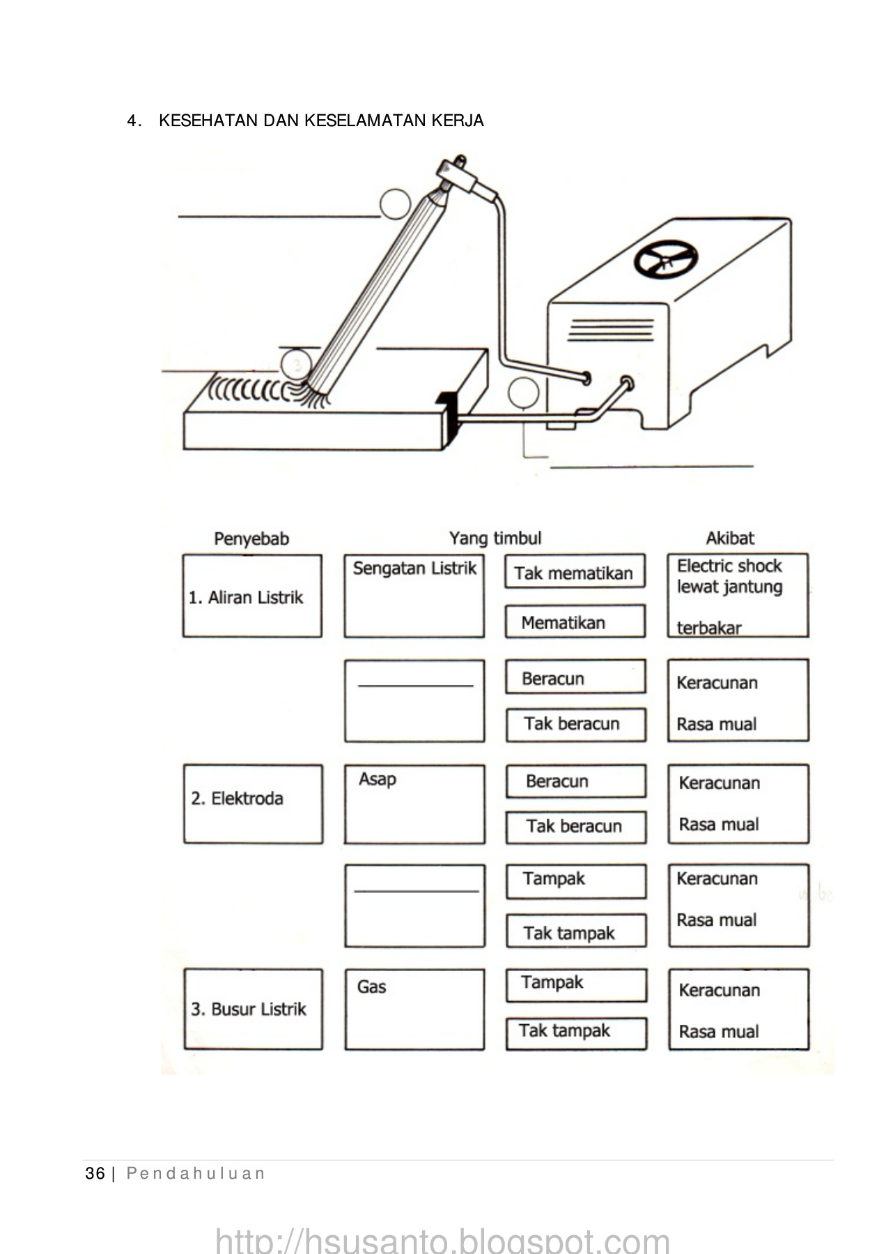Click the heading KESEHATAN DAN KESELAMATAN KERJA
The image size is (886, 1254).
click(321, 121)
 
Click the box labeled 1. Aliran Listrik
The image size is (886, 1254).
click(252, 596)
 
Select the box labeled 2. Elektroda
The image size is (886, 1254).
click(253, 804)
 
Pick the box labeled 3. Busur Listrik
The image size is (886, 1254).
click(253, 1009)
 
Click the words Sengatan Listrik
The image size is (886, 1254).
click(414, 568)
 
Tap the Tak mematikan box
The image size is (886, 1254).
click(575, 572)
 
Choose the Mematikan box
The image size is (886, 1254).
click(575, 622)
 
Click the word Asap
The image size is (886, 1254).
click(378, 779)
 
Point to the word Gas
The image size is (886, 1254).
click(371, 986)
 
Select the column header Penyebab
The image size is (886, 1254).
click(251, 539)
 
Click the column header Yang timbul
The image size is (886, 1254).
click(495, 538)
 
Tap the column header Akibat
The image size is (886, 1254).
click(730, 538)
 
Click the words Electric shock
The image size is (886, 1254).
click(729, 566)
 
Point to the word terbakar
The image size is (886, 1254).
click(709, 628)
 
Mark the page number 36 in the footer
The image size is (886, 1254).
click(95, 1174)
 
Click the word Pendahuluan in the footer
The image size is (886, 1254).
click(196, 1174)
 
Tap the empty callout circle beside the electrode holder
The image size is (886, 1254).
click(395, 204)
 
